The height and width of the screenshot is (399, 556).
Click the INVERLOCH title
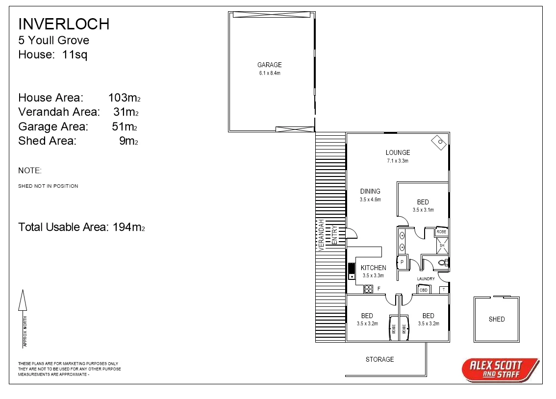(x=64, y=24)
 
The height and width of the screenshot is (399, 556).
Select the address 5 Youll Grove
(x=53, y=40)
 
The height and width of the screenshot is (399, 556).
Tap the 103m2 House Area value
(x=124, y=98)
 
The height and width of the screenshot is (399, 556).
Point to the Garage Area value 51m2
(x=124, y=126)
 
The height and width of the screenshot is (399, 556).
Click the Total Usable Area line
(x=81, y=227)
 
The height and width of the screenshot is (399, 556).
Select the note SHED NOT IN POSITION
(x=48, y=186)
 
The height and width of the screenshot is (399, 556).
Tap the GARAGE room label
(x=270, y=65)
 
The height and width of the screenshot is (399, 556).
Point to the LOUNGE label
(x=397, y=152)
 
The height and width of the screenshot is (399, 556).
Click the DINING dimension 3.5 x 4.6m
(x=370, y=199)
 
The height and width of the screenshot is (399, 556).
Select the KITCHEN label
(x=373, y=268)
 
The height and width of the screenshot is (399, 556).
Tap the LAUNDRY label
(x=426, y=279)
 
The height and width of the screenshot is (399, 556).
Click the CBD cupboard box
(x=423, y=290)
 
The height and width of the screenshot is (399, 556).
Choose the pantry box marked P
(x=402, y=262)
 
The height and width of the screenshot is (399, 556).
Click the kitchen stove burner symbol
(x=369, y=289)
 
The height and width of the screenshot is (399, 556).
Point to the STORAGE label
(x=379, y=359)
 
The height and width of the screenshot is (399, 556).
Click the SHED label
(x=496, y=319)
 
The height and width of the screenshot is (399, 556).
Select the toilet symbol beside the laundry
(x=443, y=263)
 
